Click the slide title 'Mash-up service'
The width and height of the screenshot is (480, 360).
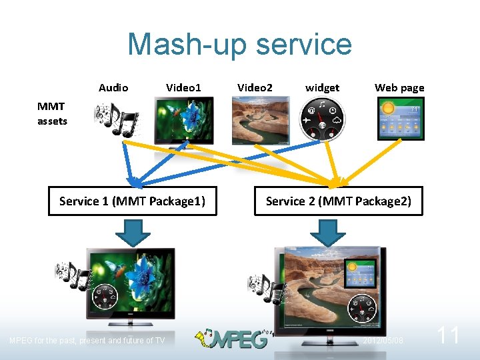pyautogui.click(x=239, y=45)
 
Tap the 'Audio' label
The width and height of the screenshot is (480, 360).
pyautogui.click(x=113, y=87)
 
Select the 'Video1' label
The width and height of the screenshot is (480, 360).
pyautogui.click(x=183, y=87)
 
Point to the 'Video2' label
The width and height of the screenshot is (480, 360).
pyautogui.click(x=255, y=87)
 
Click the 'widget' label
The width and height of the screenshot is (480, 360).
pyautogui.click(x=322, y=87)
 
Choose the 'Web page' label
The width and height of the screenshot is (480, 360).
pyautogui.click(x=399, y=87)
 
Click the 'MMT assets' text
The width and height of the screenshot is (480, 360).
pyautogui.click(x=52, y=113)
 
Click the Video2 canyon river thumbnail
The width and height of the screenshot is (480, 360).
pyautogui.click(x=261, y=120)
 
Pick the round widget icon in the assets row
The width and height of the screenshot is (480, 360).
pyautogui.click(x=321, y=119)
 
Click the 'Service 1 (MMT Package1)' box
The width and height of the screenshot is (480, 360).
pyautogui.click(x=132, y=201)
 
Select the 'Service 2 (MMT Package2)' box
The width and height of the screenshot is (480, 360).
pyautogui.click(x=339, y=201)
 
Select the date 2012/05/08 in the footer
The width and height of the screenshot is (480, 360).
pyautogui.click(x=383, y=341)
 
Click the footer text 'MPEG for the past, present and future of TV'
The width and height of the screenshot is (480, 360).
pyautogui.click(x=87, y=341)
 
